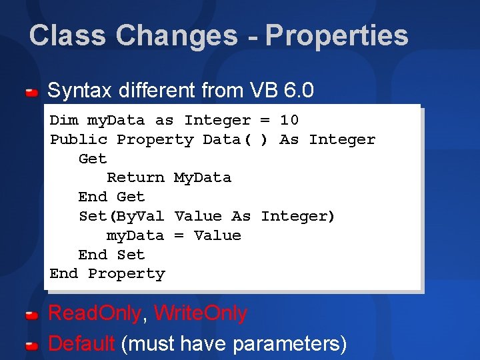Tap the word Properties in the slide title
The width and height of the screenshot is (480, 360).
(x=337, y=35)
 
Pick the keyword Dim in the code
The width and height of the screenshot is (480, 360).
(x=64, y=121)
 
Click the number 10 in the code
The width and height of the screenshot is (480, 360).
(x=289, y=121)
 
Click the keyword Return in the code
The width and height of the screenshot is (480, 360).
(x=135, y=178)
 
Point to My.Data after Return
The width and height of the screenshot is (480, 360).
(x=202, y=178)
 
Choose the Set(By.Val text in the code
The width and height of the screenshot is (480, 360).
(x=121, y=216)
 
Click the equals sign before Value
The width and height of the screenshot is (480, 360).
(x=179, y=235)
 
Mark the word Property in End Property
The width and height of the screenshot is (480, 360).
(x=126, y=274)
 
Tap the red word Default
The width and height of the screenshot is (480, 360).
(x=82, y=344)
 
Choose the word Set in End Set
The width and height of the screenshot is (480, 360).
(x=131, y=255)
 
